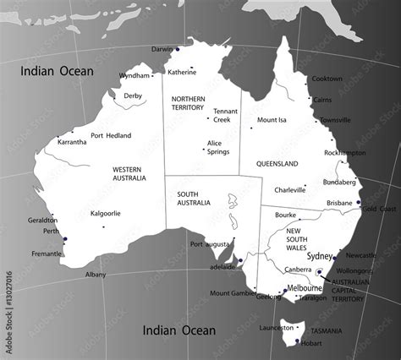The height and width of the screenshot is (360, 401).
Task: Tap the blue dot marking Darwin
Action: [x=178, y=49]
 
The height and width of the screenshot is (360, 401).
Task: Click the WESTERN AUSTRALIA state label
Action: [x=129, y=173]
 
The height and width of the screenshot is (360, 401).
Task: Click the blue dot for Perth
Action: [x=64, y=240]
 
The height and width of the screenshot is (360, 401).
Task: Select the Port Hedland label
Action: [x=111, y=135]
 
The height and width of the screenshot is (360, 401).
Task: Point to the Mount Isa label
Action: [x=272, y=120]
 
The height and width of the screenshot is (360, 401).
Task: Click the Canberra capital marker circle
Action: [x=319, y=272]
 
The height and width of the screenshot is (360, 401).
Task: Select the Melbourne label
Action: [x=305, y=289]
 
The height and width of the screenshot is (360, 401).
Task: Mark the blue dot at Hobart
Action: [x=298, y=340]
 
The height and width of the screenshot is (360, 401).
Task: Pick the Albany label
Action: [x=96, y=275]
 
